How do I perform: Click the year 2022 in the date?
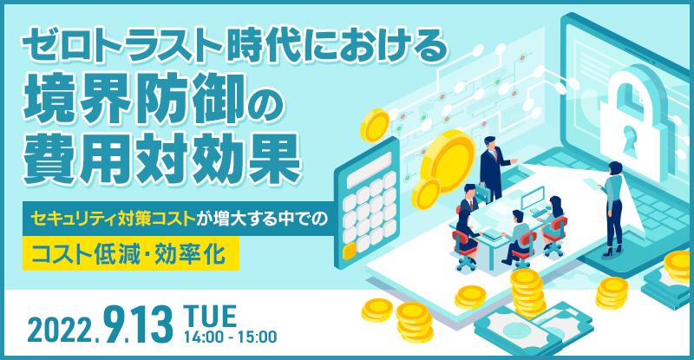58,329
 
